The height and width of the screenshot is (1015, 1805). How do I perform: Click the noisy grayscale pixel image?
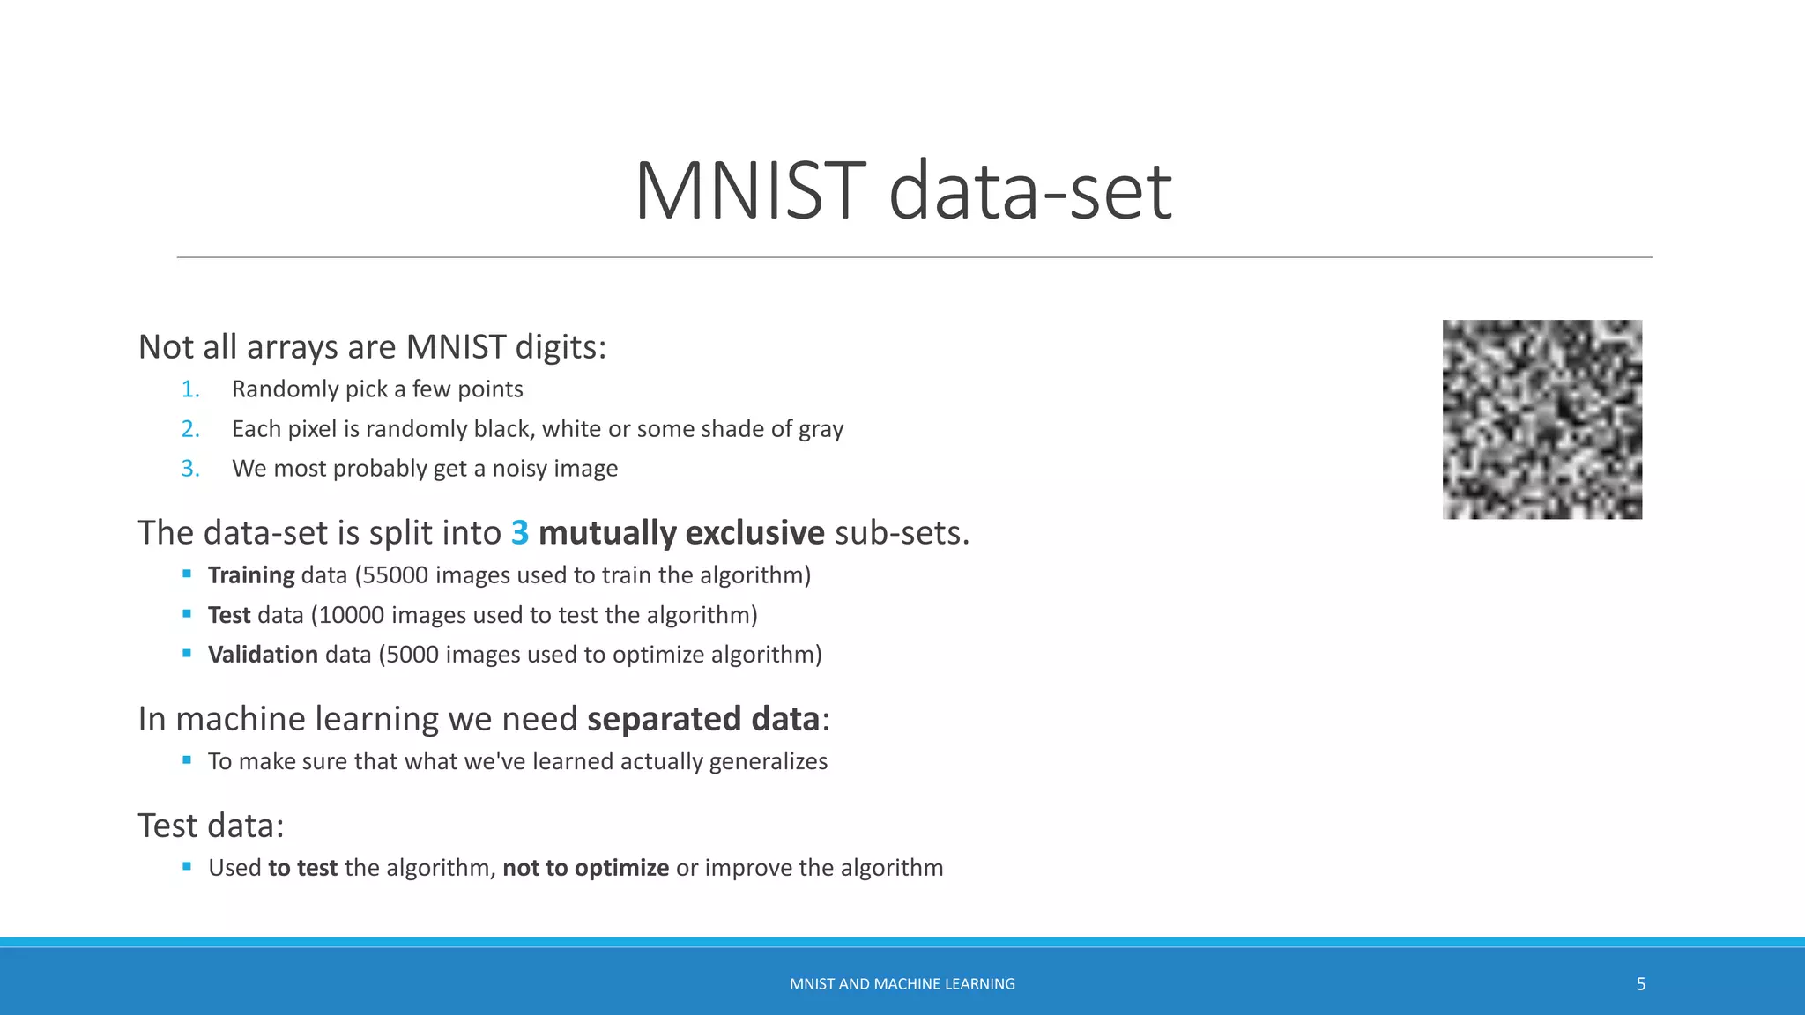(1541, 419)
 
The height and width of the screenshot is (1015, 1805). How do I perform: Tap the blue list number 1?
(190, 389)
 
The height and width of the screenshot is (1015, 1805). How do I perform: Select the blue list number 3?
(190, 469)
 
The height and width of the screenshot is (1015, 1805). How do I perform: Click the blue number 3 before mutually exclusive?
(520, 533)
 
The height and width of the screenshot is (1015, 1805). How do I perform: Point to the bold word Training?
(251, 575)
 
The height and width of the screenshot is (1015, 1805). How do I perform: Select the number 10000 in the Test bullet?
(351, 615)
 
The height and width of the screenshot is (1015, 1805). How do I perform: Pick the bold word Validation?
(263, 655)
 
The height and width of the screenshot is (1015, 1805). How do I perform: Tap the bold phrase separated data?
(703, 719)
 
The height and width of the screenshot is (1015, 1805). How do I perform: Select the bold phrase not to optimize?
(585, 868)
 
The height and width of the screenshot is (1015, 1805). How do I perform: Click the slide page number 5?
(1640, 984)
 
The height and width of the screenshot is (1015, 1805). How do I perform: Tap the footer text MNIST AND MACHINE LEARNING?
(902, 984)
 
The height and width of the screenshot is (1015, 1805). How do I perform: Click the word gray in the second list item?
(821, 430)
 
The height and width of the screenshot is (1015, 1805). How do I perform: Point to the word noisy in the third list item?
(522, 470)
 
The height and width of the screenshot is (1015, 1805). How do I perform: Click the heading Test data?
(212, 826)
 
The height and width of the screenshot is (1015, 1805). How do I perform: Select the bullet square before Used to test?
(187, 867)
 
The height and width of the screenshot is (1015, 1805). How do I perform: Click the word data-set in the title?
(1029, 191)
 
